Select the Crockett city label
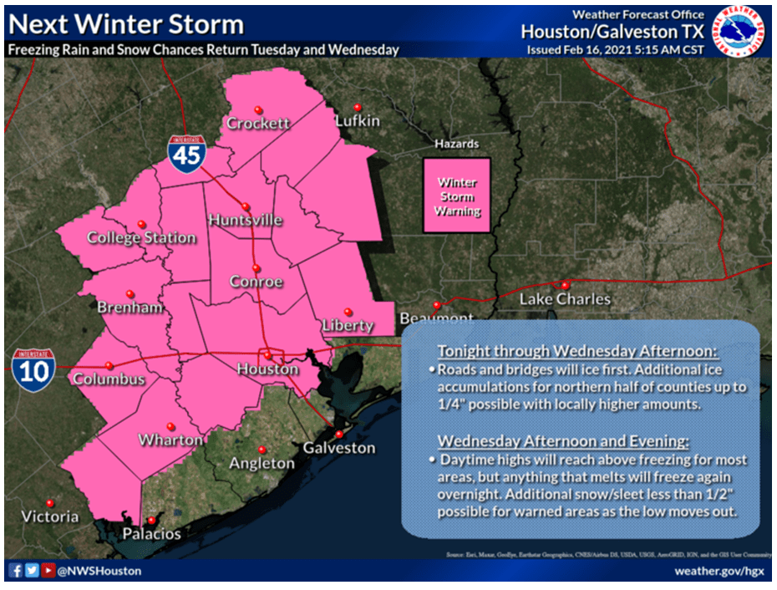point(258,124)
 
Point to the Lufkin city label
point(357,121)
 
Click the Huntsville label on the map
point(246,221)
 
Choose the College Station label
point(141,238)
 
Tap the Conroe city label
point(256,282)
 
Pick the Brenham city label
point(129,308)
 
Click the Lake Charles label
point(566,299)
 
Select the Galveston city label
point(338,448)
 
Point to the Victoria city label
point(49,516)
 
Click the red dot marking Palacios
point(151,520)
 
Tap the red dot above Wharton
point(170,425)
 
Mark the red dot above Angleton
point(262,449)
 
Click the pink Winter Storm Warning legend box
point(457,196)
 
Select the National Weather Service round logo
point(740,31)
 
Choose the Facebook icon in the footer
point(16,571)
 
